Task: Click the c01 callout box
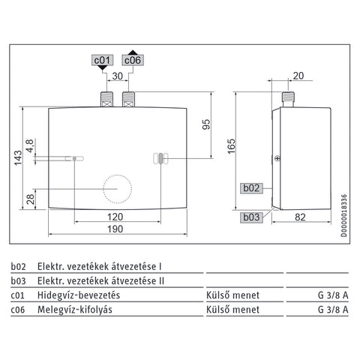point(103,60)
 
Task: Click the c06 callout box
point(133,60)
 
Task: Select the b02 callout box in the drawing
point(251,188)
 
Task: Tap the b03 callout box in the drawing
point(251,217)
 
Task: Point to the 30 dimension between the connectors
point(118,76)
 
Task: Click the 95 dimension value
point(206,124)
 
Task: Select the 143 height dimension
point(18,157)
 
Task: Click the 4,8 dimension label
point(29,145)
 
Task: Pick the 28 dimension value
point(31,199)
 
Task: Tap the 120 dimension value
point(115,217)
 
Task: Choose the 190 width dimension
point(115,229)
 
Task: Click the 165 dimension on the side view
point(232,146)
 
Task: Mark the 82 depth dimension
point(300,217)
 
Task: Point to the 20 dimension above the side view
point(298,76)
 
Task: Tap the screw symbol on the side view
point(277,158)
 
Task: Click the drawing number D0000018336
point(344,215)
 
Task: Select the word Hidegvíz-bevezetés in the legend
point(79,295)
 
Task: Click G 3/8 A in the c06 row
point(333,310)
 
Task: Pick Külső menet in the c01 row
point(232,295)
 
